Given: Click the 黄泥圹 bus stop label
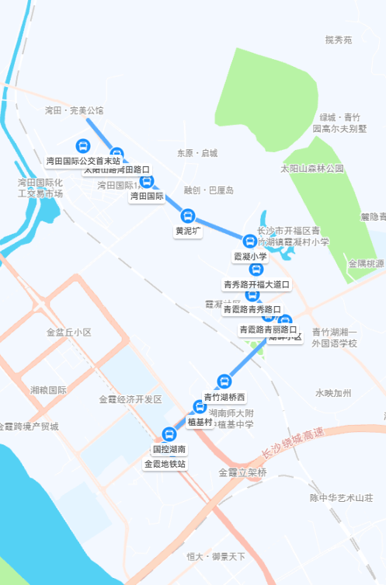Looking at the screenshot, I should [188, 231].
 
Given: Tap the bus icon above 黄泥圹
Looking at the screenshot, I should [187, 215].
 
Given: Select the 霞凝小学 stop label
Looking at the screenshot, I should [250, 256].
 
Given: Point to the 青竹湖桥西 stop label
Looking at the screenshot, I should [224, 397].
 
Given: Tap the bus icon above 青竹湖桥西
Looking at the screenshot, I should [224, 381].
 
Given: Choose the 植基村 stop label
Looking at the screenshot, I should [200, 422].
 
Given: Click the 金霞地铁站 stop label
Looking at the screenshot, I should [165, 464].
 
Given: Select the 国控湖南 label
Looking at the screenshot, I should [169, 449].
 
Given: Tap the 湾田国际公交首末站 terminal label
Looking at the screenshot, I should [83, 161].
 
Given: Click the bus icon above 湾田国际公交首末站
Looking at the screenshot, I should [82, 145].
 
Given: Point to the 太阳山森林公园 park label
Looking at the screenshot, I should [311, 168].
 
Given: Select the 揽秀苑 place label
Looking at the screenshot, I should [339, 40].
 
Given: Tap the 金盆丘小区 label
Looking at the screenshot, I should [68, 332].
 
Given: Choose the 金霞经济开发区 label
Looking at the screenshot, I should [130, 399].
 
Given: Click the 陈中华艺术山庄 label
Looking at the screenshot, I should [342, 497].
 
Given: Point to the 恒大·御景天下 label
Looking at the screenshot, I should [215, 556].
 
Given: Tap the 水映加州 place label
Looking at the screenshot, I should [333, 393].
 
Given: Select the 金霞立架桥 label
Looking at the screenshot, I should [242, 472].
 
